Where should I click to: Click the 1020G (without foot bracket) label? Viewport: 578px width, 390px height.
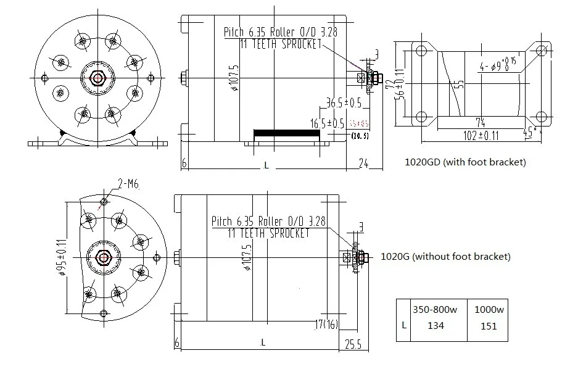pos(446,257)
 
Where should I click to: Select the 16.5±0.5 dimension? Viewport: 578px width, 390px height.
pos(326,123)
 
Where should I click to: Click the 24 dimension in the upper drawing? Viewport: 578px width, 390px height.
pos(363,164)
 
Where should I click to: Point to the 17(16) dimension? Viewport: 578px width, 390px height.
pos(326,324)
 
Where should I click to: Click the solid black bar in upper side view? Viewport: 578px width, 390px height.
pos(287,133)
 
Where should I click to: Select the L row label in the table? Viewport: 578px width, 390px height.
pos(403,326)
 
